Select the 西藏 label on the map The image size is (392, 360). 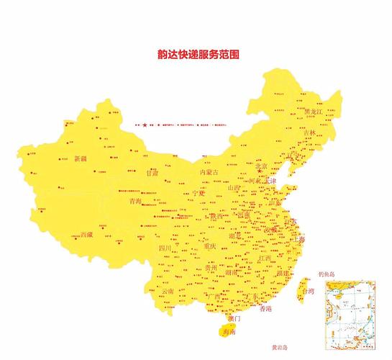tap(86, 235)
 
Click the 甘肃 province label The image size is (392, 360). tap(152, 174)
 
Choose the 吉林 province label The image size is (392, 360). tap(309, 133)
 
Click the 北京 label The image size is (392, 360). tap(260, 166)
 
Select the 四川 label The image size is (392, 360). tap(165, 248)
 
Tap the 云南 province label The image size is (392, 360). tap(168, 292)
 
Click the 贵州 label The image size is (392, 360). tap(211, 268)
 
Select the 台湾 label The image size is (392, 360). tap(309, 292)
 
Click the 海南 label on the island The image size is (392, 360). tap(229, 333)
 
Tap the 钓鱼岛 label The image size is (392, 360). tap(327, 274)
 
